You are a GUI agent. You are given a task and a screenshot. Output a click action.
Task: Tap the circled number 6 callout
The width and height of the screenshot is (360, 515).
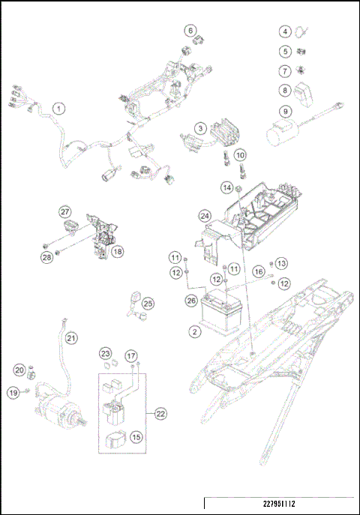[191, 31]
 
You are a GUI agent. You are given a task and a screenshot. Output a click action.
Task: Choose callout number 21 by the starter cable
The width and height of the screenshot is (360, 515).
[71, 339]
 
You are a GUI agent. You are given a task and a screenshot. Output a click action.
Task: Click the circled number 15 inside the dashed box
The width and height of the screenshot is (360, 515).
[136, 436]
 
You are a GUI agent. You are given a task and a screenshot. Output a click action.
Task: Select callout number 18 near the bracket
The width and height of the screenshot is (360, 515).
[117, 252]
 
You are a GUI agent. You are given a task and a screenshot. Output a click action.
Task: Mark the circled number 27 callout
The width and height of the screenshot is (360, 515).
[65, 212]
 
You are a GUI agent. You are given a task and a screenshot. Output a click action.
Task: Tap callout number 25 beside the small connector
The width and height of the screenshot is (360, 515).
[148, 303]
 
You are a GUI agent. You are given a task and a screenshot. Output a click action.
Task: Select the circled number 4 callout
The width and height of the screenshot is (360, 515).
[286, 31]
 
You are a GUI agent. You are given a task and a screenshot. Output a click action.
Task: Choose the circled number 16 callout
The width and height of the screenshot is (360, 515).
[258, 271]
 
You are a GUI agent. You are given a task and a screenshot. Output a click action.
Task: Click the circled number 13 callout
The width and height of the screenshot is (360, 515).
[281, 263]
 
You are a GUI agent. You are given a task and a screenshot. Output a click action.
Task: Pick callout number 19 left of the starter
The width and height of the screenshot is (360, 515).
[13, 392]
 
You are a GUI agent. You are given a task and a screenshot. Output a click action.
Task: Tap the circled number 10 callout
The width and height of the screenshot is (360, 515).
[240, 155]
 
